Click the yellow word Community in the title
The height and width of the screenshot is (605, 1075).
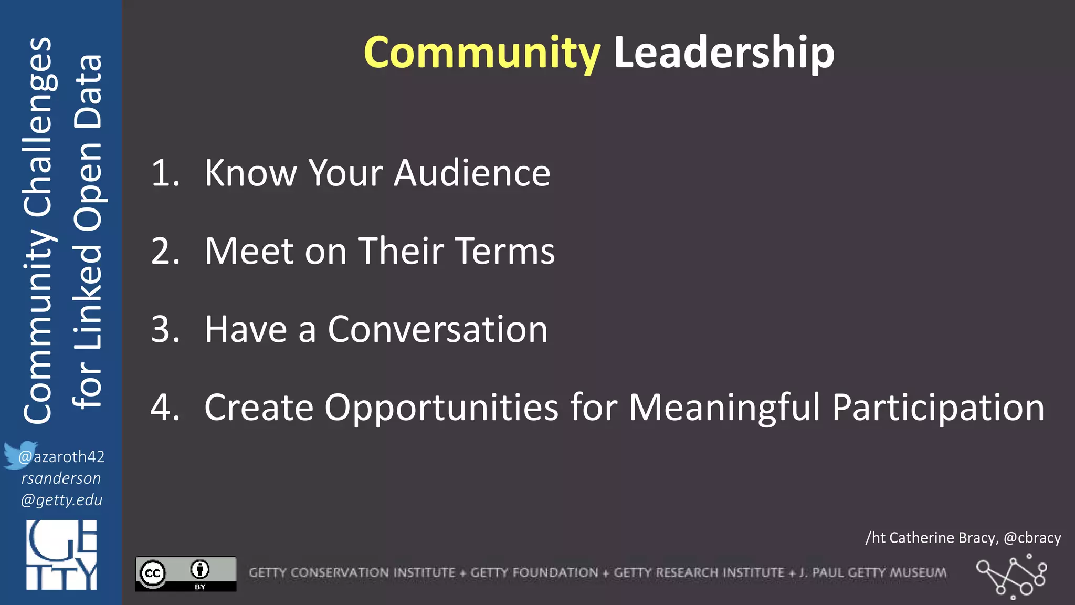[x=482, y=53]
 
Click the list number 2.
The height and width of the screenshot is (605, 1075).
[x=165, y=251]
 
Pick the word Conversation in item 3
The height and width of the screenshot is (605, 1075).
[x=438, y=329]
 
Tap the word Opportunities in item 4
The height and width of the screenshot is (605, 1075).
[x=441, y=408]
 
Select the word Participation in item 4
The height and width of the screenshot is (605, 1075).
[x=938, y=408]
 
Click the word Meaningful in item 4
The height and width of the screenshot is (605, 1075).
[x=724, y=408]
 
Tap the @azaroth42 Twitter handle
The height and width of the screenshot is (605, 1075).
[x=62, y=457]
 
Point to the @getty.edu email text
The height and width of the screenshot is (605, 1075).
[x=61, y=499]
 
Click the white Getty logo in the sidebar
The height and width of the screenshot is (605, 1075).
[x=61, y=555]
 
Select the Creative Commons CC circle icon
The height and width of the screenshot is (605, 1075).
[x=153, y=573]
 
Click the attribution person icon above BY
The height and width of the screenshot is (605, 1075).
[x=200, y=569]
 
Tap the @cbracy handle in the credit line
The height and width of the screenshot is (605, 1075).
[x=1032, y=538]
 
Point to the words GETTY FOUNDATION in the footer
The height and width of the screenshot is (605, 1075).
[x=534, y=572]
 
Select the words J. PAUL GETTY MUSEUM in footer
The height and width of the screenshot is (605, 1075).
[x=873, y=572]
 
